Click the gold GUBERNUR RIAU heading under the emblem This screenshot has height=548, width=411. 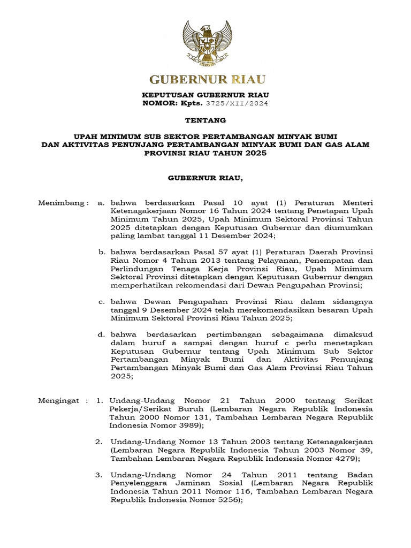pos(207,80)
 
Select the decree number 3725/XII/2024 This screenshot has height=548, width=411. pos(237,103)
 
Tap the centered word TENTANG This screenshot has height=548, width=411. pos(205,120)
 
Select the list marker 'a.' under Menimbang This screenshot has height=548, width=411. pos(101,203)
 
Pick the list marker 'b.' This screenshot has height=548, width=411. pos(101,252)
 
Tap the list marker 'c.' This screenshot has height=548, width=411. pos(101,302)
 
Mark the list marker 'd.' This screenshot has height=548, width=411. pos(101,334)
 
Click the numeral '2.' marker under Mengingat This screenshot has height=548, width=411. pos(99,442)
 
